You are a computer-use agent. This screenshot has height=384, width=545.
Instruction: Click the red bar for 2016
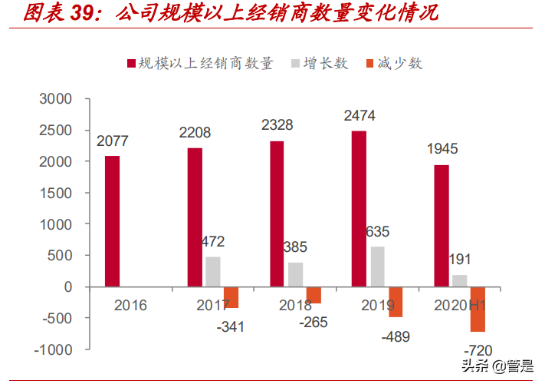tap(112, 221)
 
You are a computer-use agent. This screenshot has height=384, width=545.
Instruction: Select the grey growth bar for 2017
tap(212, 271)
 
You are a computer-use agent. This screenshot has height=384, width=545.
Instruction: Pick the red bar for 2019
tap(359, 209)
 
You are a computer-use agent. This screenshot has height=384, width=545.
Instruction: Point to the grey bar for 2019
tap(377, 266)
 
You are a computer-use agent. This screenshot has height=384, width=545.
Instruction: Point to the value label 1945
tap(444, 151)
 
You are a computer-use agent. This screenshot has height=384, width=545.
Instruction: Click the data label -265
tap(314, 322)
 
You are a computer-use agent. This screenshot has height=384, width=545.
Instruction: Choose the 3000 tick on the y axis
tap(55, 99)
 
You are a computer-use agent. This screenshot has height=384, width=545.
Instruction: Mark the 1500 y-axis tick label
tap(55, 193)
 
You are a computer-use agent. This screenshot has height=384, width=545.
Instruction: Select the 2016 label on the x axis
tap(130, 306)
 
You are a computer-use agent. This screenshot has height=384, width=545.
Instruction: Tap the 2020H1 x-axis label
tap(460, 306)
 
